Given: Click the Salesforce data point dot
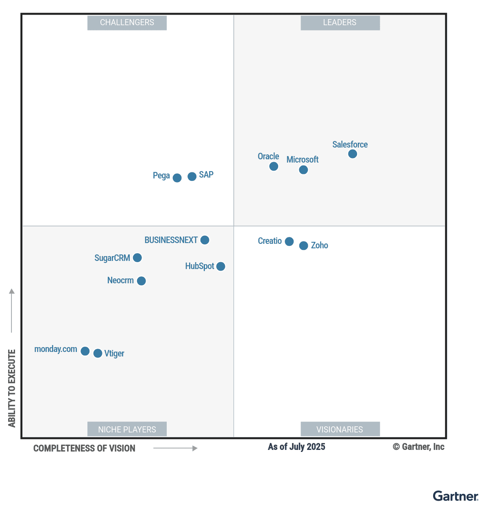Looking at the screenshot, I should (x=353, y=154).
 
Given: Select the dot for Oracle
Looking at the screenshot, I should (x=274, y=166).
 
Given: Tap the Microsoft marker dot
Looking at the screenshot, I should (x=303, y=170).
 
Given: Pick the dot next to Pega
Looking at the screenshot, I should (x=177, y=178).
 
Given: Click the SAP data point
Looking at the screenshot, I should (x=192, y=176).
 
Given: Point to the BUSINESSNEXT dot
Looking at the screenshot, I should (x=205, y=240).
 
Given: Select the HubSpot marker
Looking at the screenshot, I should (x=221, y=266).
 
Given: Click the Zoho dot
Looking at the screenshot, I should (x=303, y=245).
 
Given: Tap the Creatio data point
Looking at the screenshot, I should (x=289, y=241).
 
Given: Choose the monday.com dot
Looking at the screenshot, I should (x=85, y=351).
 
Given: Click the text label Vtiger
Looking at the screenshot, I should (x=114, y=354).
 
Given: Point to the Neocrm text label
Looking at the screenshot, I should (x=120, y=280).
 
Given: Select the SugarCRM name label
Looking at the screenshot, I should (x=112, y=258).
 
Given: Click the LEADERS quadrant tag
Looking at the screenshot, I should (x=340, y=23).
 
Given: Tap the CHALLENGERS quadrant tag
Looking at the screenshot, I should (x=127, y=23).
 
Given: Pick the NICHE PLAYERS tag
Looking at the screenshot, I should (x=127, y=429).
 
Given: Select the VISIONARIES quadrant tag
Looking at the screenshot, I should (x=340, y=429).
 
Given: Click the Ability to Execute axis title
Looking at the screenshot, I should (x=12, y=388).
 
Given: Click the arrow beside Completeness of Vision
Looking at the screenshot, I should (x=175, y=448).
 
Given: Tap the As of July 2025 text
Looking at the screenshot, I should (x=296, y=447).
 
